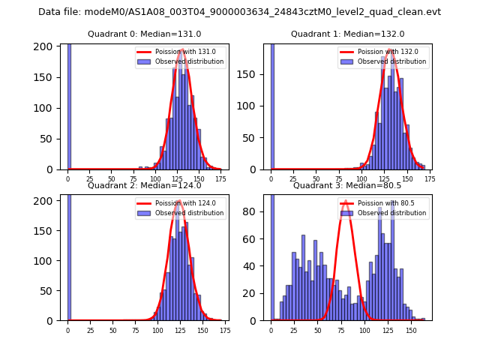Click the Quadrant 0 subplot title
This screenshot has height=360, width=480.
pyautogui.click(x=144, y=34)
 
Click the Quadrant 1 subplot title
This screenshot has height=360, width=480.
pyautogui.click(x=347, y=34)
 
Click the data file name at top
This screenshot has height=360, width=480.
pyautogui.click(x=239, y=12)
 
